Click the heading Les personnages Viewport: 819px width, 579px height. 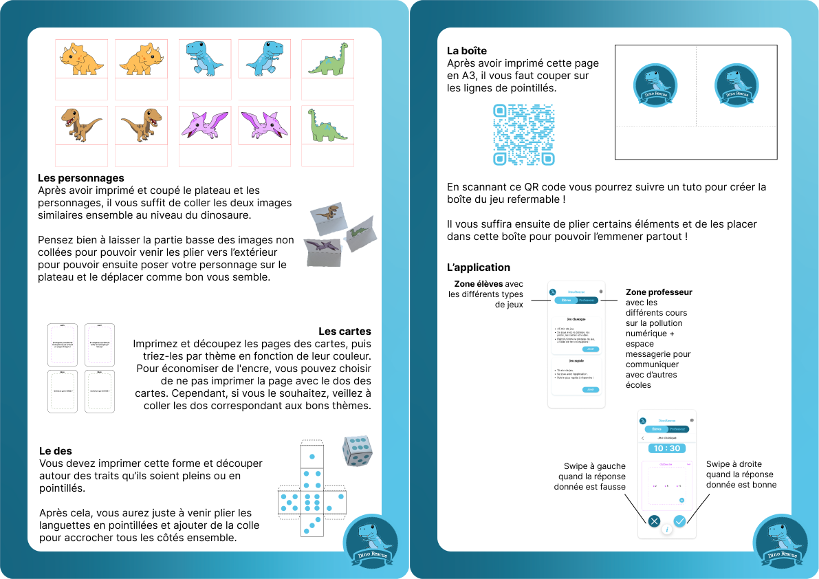81,178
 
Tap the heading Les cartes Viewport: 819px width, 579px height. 345,331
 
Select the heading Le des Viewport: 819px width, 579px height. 56,451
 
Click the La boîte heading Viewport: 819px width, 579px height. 467,51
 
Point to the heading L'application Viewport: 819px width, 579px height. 479,267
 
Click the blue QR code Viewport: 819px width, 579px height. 523,135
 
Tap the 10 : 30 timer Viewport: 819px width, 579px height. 666,448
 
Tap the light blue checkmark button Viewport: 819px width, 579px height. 679,521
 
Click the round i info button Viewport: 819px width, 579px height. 666,529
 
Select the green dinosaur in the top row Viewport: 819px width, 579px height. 328,58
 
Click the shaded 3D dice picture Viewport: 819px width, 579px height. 358,450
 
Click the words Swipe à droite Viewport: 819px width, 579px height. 734,464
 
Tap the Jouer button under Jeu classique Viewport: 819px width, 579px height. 590,349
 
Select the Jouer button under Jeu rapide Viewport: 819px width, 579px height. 590,390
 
